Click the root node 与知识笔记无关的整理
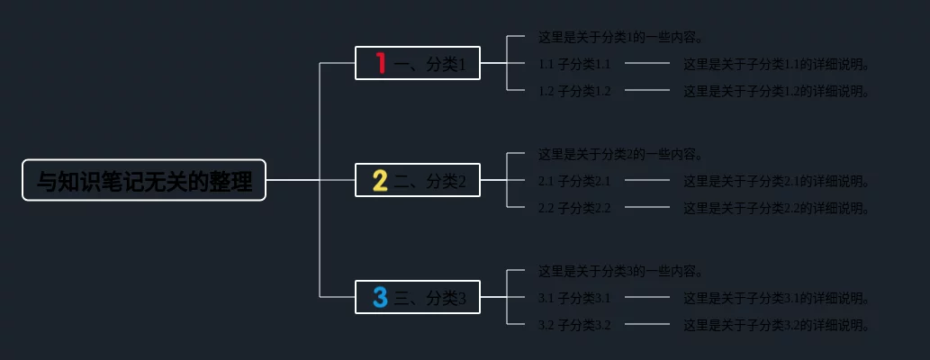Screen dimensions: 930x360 pos(144,180)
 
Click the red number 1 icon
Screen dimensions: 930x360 pos(381,63)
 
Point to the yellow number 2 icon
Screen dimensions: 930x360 pos(380,181)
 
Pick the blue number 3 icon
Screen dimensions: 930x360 pos(380,297)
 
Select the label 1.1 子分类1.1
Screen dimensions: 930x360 pos(574,64)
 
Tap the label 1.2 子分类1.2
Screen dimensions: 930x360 pos(574,91)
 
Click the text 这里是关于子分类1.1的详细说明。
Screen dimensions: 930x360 pos(776,64)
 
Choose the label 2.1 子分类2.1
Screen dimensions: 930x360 pos(574,181)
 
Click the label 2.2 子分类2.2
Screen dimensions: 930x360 pos(574,208)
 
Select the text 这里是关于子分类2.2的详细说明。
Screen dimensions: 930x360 pos(776,208)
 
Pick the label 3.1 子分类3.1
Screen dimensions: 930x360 pos(574,298)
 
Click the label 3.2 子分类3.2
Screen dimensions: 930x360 pos(574,325)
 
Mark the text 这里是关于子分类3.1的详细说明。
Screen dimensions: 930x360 pos(776,298)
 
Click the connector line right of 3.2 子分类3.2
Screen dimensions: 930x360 pos(646,324)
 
